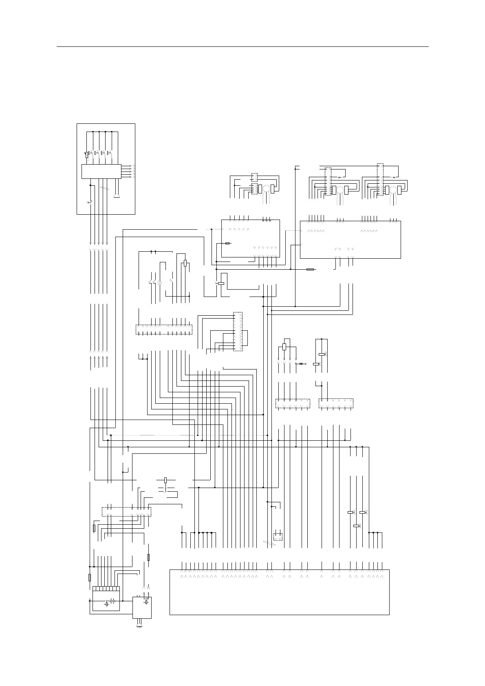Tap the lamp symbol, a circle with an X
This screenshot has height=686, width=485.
tap(159, 283)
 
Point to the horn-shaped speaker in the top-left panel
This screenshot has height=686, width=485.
tap(117, 196)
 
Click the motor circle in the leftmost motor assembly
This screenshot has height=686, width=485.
tap(266, 189)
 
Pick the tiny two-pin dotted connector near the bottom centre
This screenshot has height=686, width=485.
tap(278, 536)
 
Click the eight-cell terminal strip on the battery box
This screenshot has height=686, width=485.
tap(106, 589)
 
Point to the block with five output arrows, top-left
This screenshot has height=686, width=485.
tap(101, 171)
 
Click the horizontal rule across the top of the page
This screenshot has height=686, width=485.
tap(242, 47)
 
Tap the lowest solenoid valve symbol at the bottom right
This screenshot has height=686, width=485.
tap(356, 526)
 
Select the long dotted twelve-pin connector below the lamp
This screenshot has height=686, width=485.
tap(163, 330)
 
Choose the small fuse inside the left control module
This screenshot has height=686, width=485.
tap(228, 243)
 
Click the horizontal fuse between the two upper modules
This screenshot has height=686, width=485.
tap(310, 269)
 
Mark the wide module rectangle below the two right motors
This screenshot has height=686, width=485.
tap(350, 240)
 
